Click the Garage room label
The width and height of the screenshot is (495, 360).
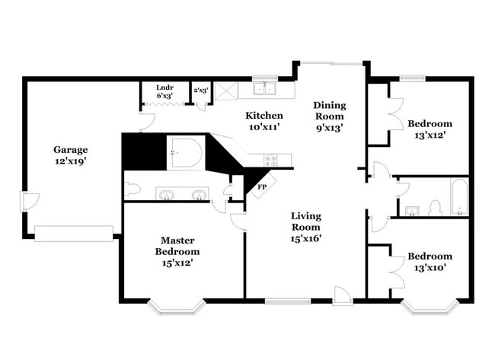70,149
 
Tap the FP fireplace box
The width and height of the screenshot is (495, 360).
262,186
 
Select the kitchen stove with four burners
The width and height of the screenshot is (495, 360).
271,160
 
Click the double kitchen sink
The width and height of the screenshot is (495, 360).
264,89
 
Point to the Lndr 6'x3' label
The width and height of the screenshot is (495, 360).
164,91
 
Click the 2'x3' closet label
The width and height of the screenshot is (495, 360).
200,91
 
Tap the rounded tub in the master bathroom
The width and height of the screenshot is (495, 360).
186,152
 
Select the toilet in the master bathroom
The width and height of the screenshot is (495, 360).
131,188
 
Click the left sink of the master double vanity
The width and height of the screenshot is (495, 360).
166,195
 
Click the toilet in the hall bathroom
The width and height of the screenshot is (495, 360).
436,206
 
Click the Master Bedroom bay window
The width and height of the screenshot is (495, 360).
175,307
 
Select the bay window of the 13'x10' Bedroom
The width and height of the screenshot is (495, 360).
429,307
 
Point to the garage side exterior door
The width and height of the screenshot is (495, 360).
28,202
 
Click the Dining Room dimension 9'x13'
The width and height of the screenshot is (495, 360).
329,128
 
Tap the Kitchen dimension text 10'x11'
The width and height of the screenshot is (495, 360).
264,128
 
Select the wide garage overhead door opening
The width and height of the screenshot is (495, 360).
74,234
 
